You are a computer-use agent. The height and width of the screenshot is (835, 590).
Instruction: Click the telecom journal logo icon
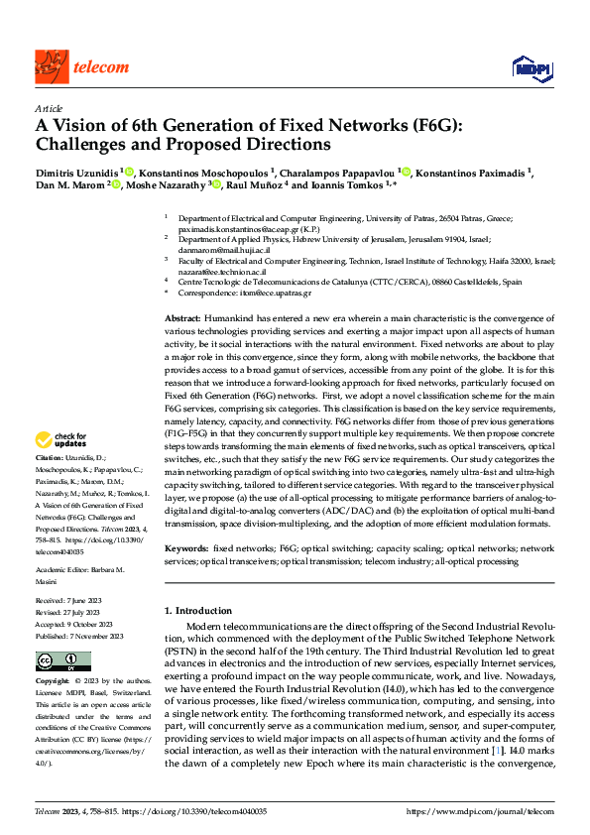tap(51, 66)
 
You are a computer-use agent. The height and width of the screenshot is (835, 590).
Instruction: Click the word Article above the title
tap(49, 108)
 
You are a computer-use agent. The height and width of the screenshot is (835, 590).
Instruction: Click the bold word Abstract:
tap(183, 315)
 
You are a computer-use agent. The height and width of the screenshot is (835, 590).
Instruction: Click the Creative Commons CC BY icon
tap(63, 661)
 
